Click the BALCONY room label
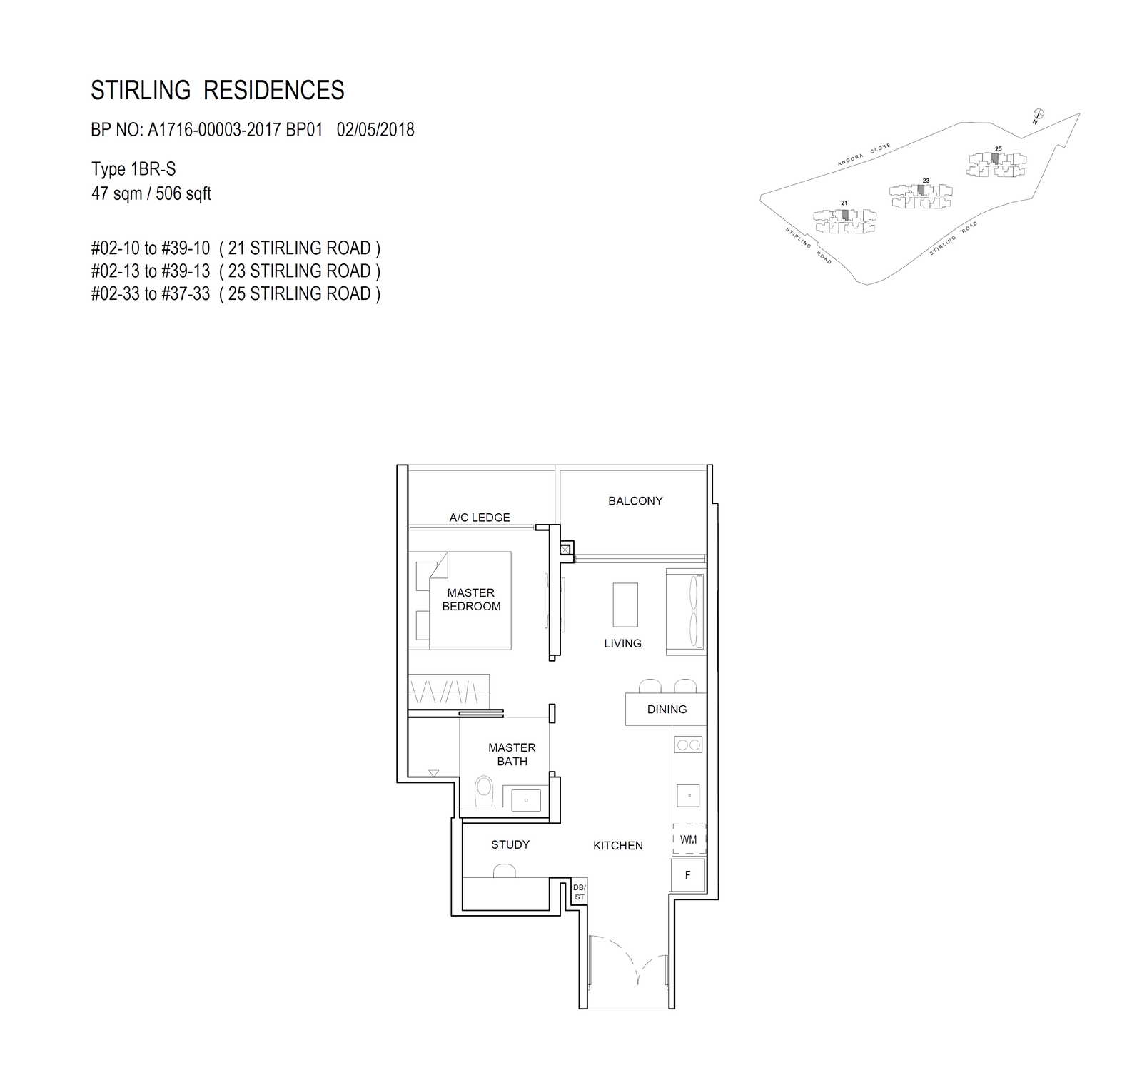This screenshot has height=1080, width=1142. point(635,501)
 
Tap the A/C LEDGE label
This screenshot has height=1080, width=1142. point(480,518)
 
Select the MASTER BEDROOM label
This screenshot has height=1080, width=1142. point(471,600)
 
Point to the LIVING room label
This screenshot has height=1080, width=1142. point(622,643)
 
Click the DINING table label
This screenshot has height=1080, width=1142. point(667,710)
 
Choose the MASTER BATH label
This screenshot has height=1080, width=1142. point(512,755)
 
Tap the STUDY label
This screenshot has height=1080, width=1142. point(510,845)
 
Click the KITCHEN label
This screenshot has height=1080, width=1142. point(618,846)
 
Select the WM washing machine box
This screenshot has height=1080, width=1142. point(689,839)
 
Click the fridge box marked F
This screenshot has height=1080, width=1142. point(688,874)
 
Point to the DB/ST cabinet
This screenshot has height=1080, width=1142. point(579,892)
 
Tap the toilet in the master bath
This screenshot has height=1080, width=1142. point(484,792)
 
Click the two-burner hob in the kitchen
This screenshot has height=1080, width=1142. point(689,745)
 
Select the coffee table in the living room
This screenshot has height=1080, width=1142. point(625,605)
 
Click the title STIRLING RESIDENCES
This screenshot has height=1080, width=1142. point(218,91)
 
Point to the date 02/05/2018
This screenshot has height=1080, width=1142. point(375,130)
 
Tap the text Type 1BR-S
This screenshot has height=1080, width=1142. point(133,169)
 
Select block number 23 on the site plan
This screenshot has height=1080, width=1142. point(926,181)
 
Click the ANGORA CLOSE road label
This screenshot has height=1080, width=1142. point(864,154)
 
